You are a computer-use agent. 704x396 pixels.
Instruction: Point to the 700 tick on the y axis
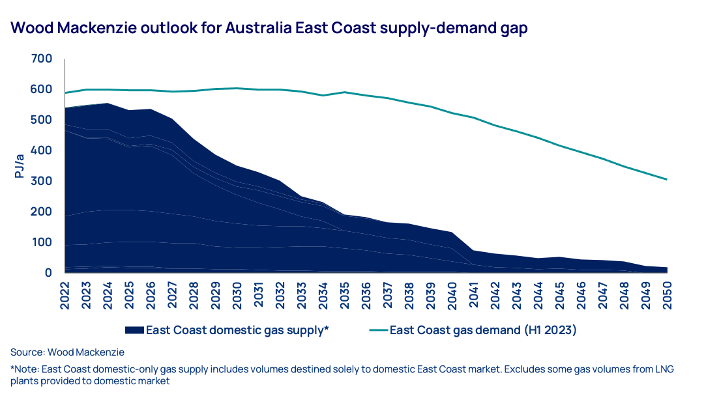pyautogui.click(x=41, y=59)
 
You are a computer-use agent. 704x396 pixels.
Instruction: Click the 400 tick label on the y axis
pyautogui.click(x=41, y=150)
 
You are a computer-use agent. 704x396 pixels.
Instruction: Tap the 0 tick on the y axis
pyautogui.click(x=48, y=273)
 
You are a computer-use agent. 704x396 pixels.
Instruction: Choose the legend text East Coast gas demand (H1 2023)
pyautogui.click(x=483, y=330)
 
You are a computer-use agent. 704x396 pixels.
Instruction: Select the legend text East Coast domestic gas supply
pyautogui.click(x=237, y=330)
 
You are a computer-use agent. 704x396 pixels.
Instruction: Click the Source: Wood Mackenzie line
pyautogui.click(x=67, y=352)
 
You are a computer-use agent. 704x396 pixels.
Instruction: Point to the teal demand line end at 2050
pyautogui.click(x=667, y=179)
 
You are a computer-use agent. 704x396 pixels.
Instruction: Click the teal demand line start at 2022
pyautogui.click(x=66, y=92)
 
